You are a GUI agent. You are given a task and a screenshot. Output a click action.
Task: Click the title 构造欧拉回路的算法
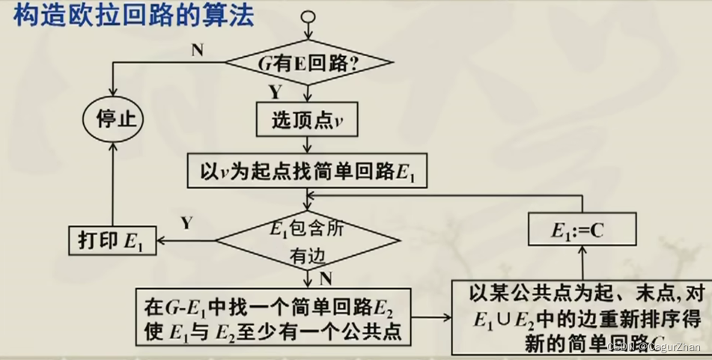click(134, 16)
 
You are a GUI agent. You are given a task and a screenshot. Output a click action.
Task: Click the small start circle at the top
click(308, 17)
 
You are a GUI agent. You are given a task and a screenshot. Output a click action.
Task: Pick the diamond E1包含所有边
click(308, 241)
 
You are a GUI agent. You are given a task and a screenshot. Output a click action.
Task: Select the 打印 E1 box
click(112, 241)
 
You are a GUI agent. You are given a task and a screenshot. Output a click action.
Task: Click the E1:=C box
click(582, 230)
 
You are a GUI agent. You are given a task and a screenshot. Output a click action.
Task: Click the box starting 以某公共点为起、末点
click(581, 317)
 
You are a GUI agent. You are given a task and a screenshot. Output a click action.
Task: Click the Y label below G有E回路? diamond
click(275, 93)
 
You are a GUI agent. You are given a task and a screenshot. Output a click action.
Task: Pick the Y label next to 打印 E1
click(187, 222)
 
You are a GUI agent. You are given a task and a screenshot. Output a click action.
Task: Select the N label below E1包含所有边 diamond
click(326, 278)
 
